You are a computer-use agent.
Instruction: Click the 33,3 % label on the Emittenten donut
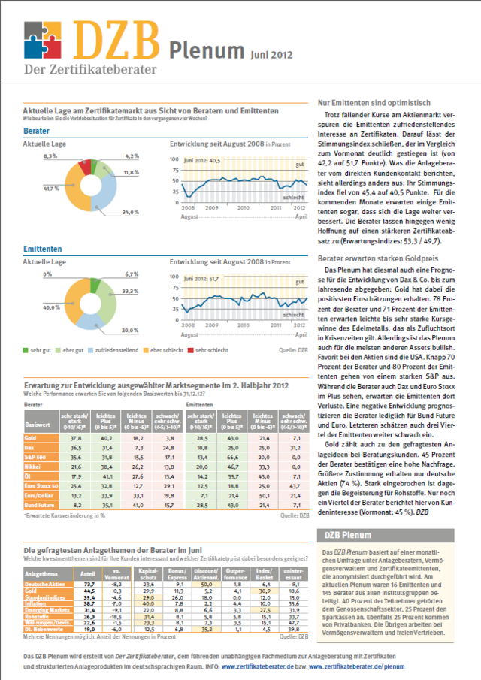[130, 291]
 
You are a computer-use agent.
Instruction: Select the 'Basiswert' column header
[38, 424]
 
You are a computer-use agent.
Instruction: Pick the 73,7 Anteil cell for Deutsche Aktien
[87, 583]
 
